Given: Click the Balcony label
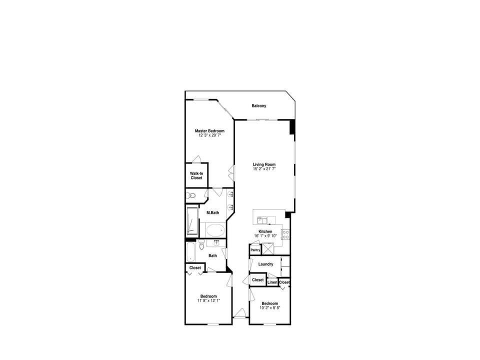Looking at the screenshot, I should pos(258,106).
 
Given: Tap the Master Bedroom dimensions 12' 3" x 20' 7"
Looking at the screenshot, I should pos(209,135).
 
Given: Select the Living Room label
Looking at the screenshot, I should pos(264,165).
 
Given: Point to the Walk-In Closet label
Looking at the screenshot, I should pos(196,175).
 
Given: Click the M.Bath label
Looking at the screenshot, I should pos(213,212).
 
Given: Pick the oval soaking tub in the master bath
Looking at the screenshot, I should pos(215,230).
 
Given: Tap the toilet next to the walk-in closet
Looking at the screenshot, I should pos(190,195).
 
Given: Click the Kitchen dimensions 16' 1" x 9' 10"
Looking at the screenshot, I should pos(265,235).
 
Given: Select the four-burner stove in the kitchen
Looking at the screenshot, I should pos(285,233).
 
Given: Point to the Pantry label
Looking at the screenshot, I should pos(255,250).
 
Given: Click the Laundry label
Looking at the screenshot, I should pos(265,264).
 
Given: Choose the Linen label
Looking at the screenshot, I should pos(272,282).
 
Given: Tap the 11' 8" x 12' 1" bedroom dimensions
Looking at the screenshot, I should pos(208,300).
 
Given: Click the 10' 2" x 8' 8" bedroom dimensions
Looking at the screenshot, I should pos(269,308).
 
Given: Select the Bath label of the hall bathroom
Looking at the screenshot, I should pos(213,255).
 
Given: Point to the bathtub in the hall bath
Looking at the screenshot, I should pos(190,252).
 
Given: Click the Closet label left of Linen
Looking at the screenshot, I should pos(257,280).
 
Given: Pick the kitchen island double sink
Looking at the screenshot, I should pos(262,219).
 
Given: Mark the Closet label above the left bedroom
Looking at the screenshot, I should pos(195,268).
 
